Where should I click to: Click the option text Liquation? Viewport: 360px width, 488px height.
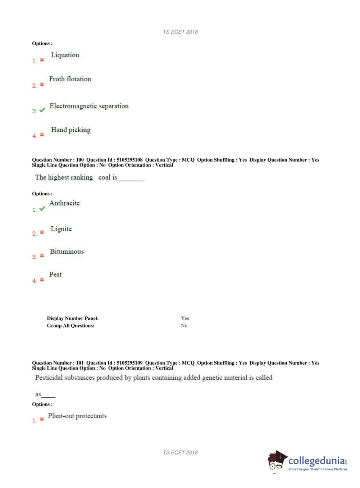point(65,55)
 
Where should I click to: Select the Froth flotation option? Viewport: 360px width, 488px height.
point(70,79)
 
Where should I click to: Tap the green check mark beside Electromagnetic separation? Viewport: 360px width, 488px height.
point(42,110)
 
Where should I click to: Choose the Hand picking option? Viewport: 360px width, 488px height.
point(70,130)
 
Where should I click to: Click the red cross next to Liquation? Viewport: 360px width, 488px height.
point(42,60)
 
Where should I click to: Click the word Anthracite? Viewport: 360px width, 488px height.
point(64,203)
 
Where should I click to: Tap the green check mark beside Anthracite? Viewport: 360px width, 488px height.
point(42,209)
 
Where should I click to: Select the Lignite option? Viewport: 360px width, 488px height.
point(61,229)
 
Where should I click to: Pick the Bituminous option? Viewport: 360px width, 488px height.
point(67,252)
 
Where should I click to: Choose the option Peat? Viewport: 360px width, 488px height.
point(55,274)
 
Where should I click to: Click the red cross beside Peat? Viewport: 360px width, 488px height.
point(42,280)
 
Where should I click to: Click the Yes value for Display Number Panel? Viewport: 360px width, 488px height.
point(185,318)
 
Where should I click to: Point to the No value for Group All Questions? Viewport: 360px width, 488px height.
point(184,326)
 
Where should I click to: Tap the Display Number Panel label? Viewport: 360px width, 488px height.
point(73,318)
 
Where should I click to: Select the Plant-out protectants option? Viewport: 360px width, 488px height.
point(77,416)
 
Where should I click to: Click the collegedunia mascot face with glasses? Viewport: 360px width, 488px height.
point(276,462)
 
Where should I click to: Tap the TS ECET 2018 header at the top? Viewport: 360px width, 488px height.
point(180,32)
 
